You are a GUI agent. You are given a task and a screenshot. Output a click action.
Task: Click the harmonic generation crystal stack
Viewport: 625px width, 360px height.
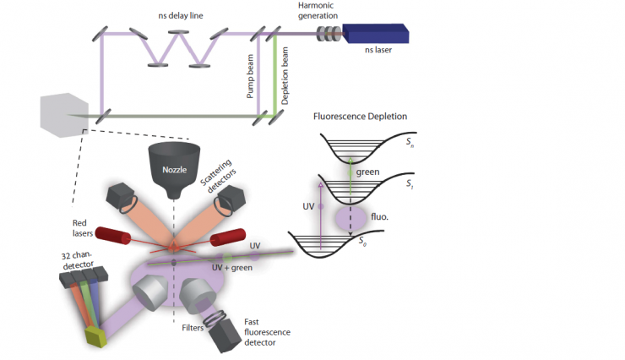pos(327,34)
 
